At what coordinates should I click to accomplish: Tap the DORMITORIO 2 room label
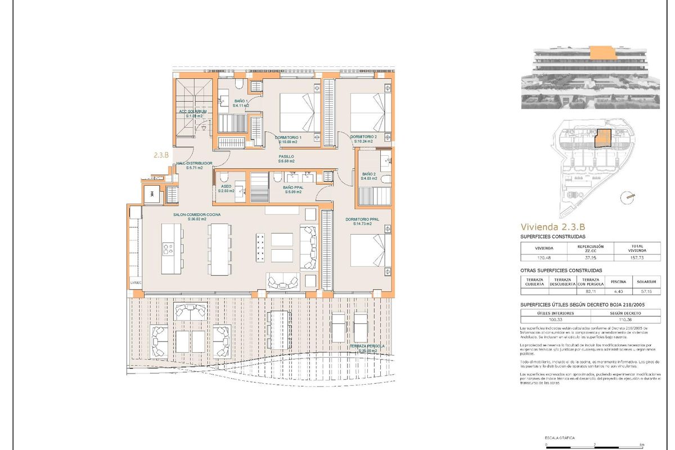click(363, 137)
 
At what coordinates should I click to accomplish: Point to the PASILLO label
click(287, 157)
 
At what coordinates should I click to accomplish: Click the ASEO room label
click(226, 186)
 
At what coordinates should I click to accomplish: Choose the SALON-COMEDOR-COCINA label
click(196, 215)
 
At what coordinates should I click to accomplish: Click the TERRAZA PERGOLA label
click(363, 347)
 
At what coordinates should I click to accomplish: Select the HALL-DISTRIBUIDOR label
click(194, 163)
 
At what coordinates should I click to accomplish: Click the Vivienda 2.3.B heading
click(552, 227)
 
